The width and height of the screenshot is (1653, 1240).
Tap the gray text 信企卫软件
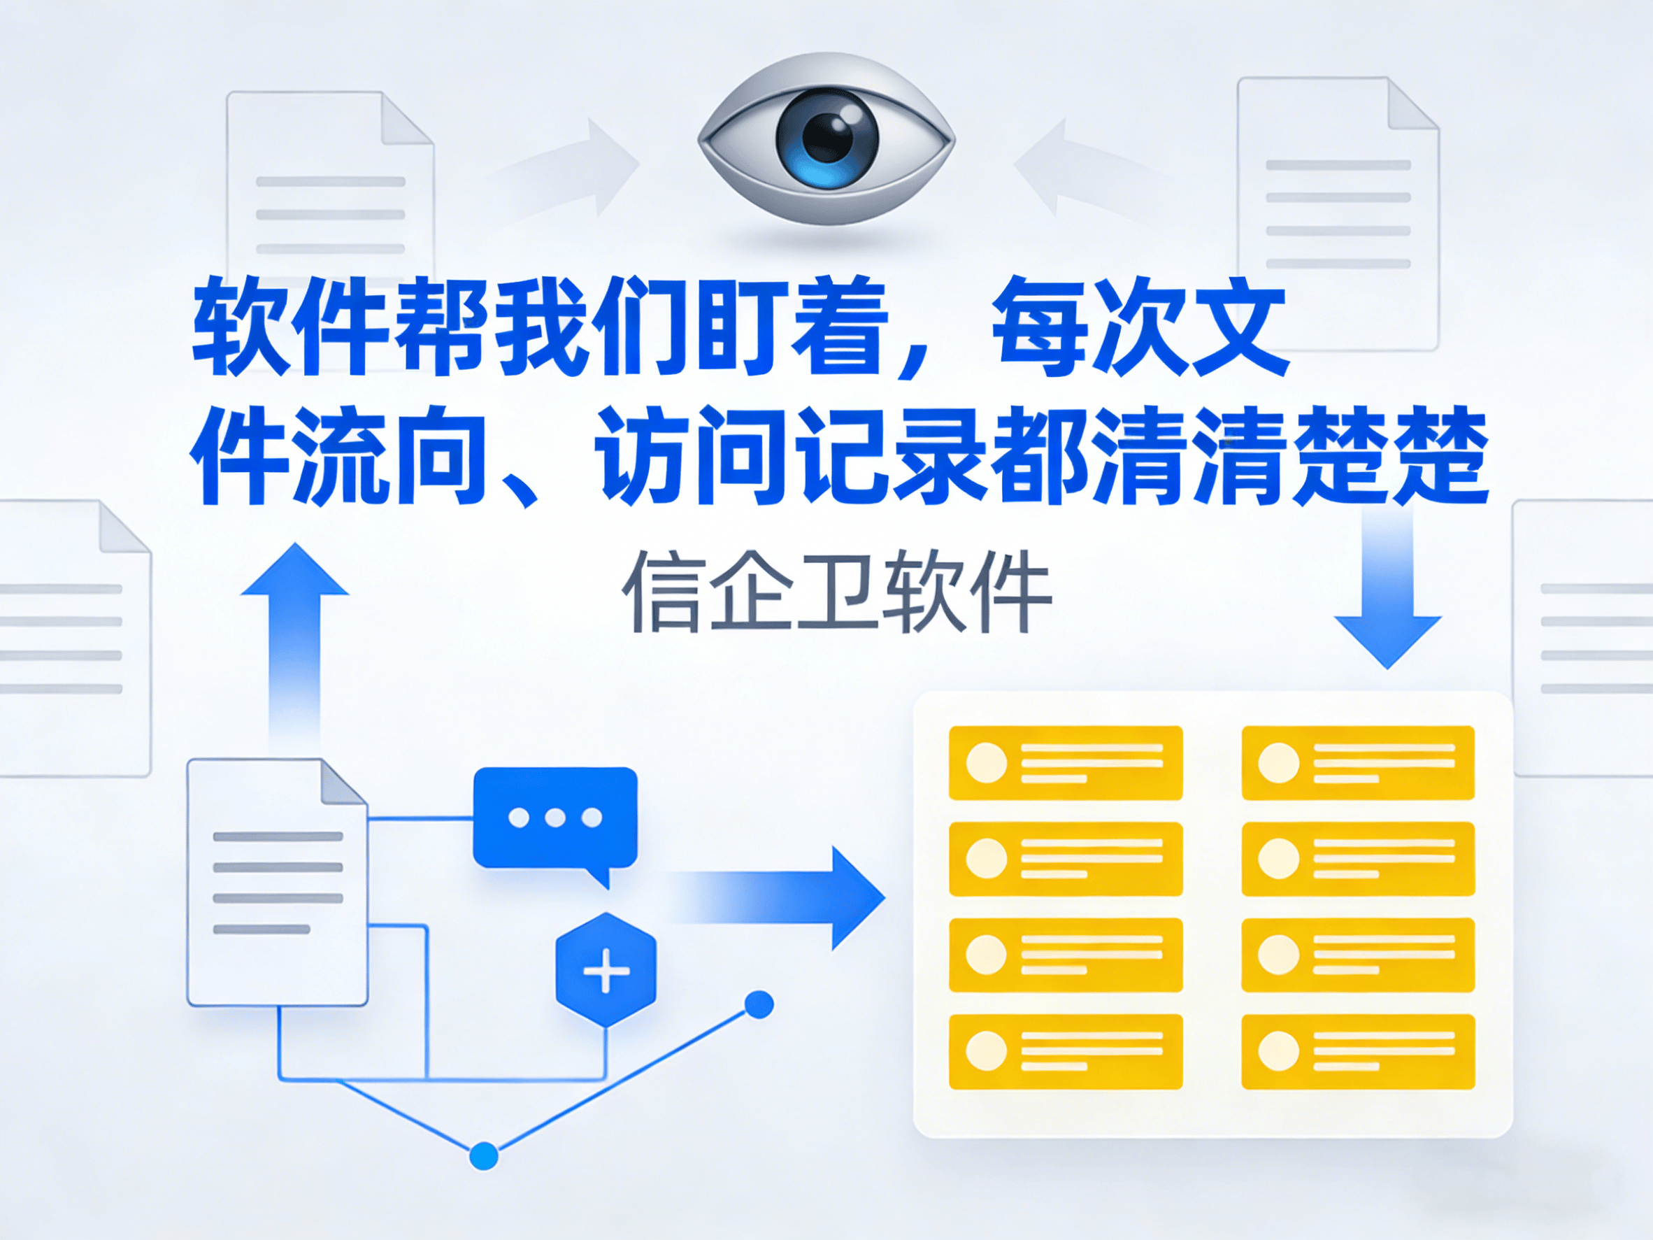[836, 592]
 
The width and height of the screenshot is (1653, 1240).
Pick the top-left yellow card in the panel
[1065, 762]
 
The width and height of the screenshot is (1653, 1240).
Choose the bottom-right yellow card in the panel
[1358, 1051]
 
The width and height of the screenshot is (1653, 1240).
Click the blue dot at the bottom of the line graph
[483, 1155]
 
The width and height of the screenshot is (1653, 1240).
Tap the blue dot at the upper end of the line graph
[759, 1004]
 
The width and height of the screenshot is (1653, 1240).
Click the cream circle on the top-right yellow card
[1279, 762]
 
